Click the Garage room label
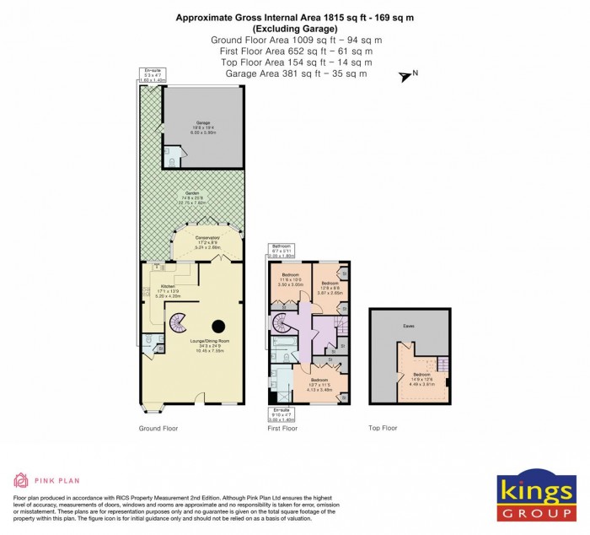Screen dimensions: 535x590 point(203,126)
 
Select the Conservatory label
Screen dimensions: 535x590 point(207,241)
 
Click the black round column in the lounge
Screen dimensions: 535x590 point(218,326)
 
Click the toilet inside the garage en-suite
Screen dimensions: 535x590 point(171,160)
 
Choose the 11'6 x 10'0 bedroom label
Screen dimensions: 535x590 point(291,279)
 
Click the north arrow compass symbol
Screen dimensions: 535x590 point(407,77)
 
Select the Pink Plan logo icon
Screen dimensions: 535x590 point(20,481)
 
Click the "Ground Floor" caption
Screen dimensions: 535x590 point(158,429)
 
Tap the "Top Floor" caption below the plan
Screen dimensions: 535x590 point(383,429)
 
